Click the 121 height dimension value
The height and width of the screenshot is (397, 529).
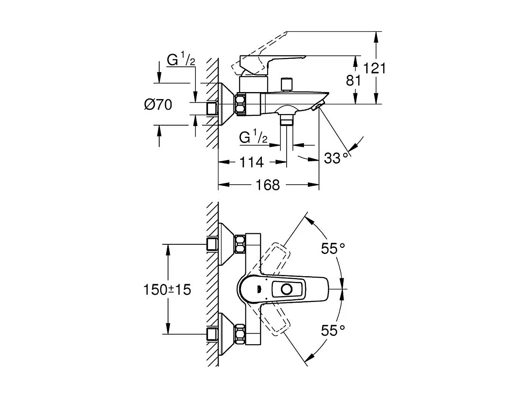(x=375, y=69)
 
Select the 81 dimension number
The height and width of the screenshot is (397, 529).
(x=354, y=81)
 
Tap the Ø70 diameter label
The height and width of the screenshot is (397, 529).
(x=158, y=105)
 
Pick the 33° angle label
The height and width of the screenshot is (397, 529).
(x=333, y=158)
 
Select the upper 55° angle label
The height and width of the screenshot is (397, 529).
(x=333, y=249)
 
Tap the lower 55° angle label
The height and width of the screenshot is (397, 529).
(x=333, y=330)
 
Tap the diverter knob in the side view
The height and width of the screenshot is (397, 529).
(x=287, y=83)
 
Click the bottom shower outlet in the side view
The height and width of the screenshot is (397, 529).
(x=288, y=119)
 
